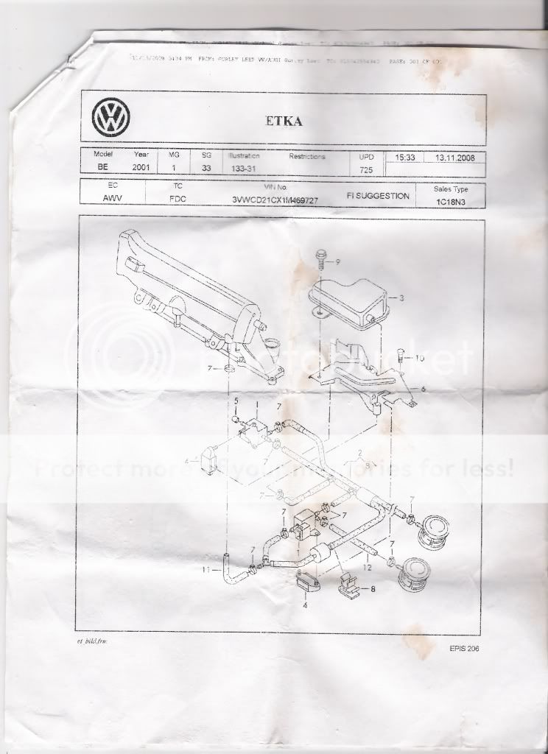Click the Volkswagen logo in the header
111,117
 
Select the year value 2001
141,169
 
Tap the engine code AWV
113,199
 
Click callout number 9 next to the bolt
338,261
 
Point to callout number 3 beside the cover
401,298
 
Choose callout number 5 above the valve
237,400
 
